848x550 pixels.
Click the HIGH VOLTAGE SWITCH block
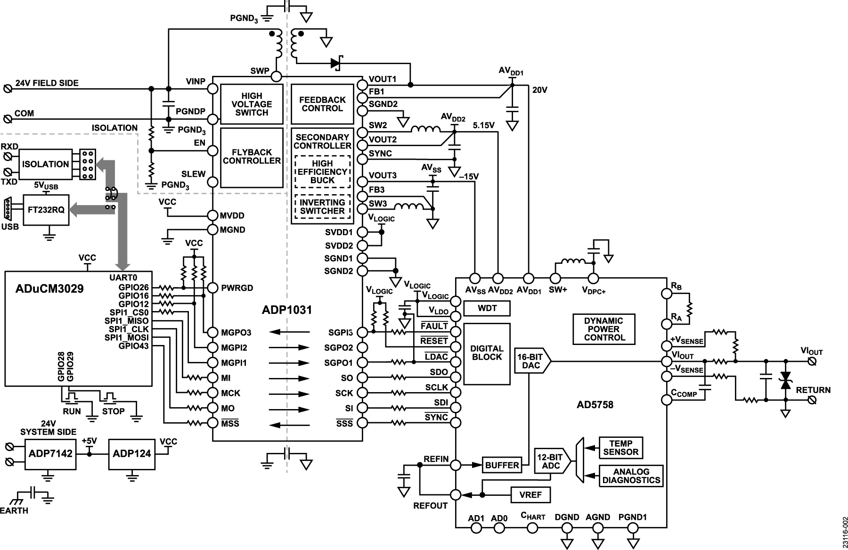pyautogui.click(x=252, y=104)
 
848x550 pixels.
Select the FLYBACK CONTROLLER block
pyautogui.click(x=252, y=158)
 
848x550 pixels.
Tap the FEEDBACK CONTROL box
pyautogui.click(x=322, y=104)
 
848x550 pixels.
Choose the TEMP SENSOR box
pyautogui.click(x=620, y=448)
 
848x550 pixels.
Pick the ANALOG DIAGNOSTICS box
pyautogui.click(x=631, y=476)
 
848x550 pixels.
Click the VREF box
pyautogui.click(x=530, y=495)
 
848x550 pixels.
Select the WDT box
pyautogui.click(x=487, y=309)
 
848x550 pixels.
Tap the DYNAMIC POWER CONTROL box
pyautogui.click(x=604, y=329)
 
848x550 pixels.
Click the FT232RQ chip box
pyautogui.click(x=46, y=210)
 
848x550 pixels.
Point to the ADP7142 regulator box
pyautogui.click(x=50, y=454)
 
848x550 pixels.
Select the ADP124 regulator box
pyautogui.click(x=132, y=454)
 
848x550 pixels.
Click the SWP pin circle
pyautogui.click(x=277, y=76)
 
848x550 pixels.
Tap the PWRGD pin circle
pyautogui.click(x=212, y=287)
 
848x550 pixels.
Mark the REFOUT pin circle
pyautogui.click(x=456, y=495)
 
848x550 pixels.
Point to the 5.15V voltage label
pyautogui.click(x=483, y=125)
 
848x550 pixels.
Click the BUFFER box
pyautogui.click(x=502, y=465)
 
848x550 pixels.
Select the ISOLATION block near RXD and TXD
pyautogui.click(x=45, y=164)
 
